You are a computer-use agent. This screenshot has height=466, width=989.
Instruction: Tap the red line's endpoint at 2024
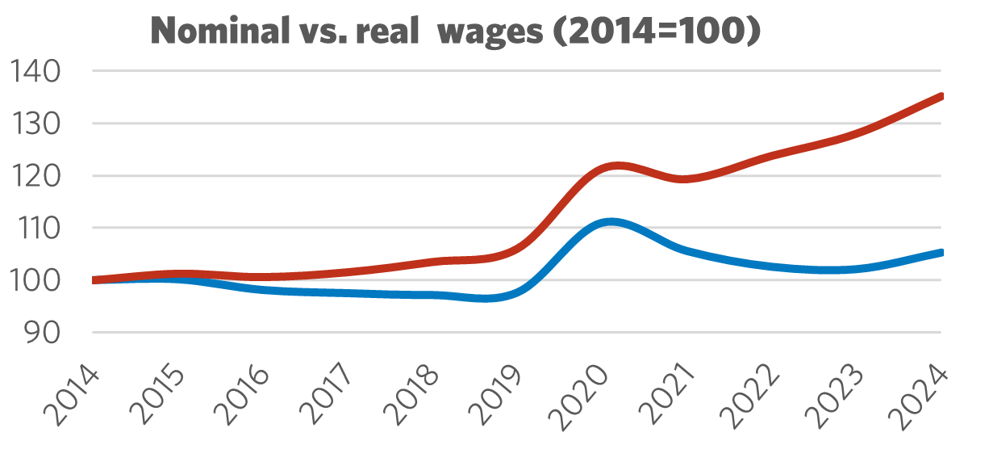coord(941,96)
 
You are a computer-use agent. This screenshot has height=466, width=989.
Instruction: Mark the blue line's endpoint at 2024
coord(941,253)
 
